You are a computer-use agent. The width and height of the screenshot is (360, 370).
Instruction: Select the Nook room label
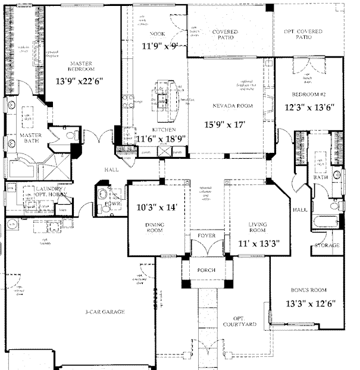(157, 34)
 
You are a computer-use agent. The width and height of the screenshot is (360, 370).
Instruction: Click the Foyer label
(206, 236)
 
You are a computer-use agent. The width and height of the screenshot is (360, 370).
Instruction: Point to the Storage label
(327, 245)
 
